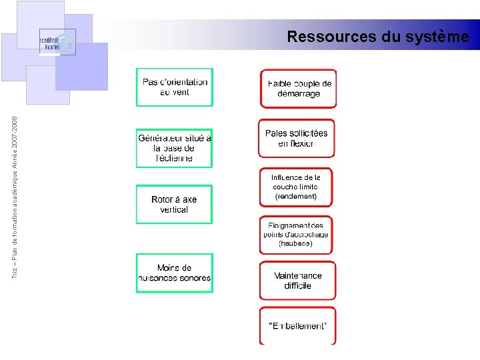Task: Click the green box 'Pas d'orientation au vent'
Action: (x=175, y=87)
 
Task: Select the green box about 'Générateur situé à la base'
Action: (x=174, y=148)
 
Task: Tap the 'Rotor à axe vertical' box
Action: (x=174, y=204)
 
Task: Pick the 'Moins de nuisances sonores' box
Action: (x=175, y=273)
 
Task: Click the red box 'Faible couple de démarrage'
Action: (x=299, y=89)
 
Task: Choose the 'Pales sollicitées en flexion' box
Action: (x=297, y=138)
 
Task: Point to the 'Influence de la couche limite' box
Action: (x=296, y=187)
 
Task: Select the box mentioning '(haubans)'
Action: (x=296, y=235)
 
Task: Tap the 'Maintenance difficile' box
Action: (x=297, y=281)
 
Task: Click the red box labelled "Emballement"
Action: (x=297, y=326)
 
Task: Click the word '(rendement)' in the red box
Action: (x=296, y=197)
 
